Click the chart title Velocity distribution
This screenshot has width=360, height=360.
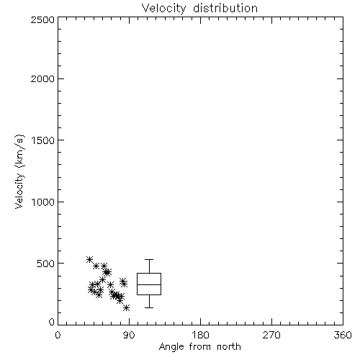[199, 8]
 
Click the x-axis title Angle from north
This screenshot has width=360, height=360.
[199, 346]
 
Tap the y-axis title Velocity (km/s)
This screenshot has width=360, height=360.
[19, 171]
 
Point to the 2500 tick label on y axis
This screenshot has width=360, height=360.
[42, 19]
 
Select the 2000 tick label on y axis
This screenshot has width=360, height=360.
[42, 78]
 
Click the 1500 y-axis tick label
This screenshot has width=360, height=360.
[42, 140]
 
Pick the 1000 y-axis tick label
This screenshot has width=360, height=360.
[42, 202]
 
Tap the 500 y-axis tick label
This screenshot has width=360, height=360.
[45, 264]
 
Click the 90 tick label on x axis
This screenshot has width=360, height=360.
[129, 335]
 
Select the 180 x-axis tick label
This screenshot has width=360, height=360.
[200, 335]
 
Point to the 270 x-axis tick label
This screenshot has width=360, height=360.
[271, 335]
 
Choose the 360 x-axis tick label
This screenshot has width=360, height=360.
[343, 335]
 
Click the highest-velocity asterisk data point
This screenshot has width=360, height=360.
[89, 259]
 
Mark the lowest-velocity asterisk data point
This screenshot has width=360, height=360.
[127, 308]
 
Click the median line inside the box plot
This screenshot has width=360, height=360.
[149, 284]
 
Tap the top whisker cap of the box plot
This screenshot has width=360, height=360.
[149, 259]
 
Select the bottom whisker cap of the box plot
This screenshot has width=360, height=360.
[149, 307]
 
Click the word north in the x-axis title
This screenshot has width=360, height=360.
[229, 346]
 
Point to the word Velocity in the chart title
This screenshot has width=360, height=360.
[163, 9]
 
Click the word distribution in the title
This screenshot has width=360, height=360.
[225, 8]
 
